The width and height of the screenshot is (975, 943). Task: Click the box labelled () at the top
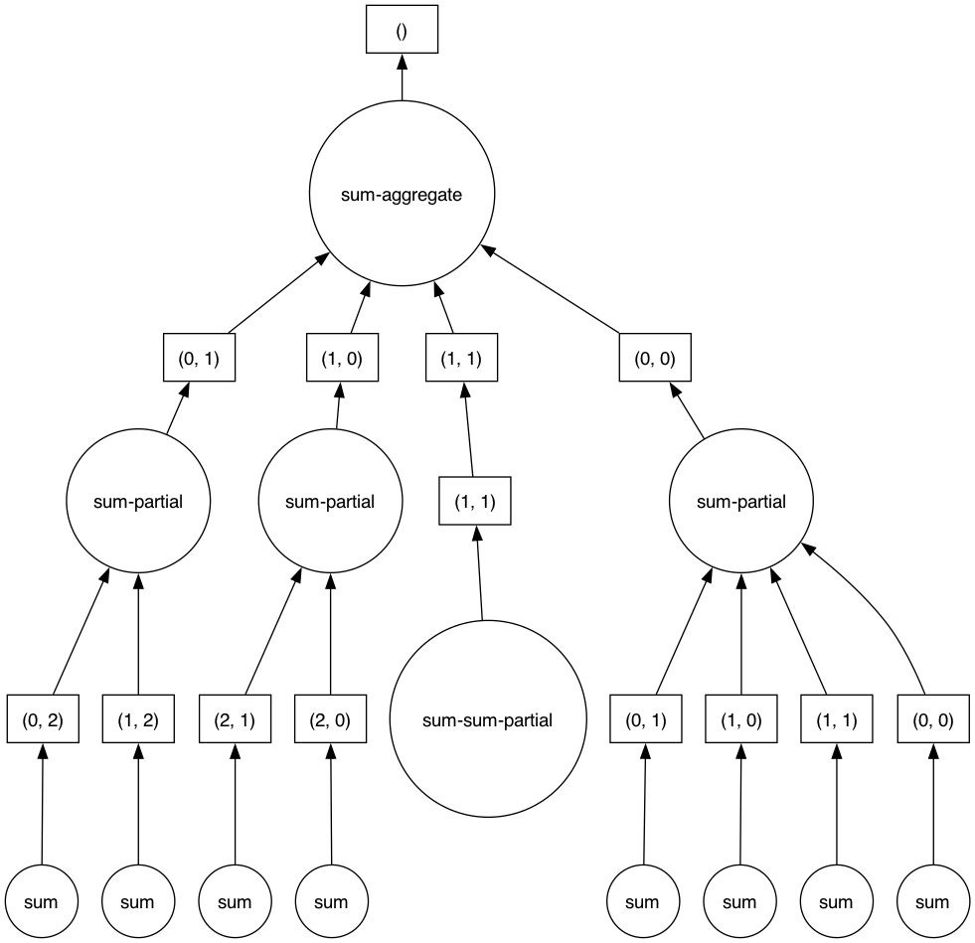[x=402, y=30]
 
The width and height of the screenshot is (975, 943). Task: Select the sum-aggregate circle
[x=402, y=196]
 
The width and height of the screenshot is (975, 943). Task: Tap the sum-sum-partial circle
[x=487, y=720]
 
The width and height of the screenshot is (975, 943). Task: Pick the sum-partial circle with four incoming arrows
[x=741, y=502]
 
